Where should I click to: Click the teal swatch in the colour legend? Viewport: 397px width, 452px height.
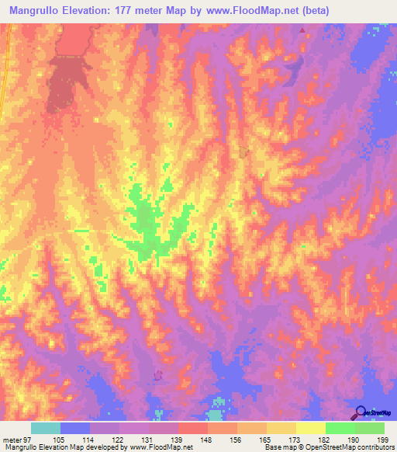(x=46, y=428)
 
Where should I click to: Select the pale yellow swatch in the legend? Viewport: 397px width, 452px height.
(x=311, y=428)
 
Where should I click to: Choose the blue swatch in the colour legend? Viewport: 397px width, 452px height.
(x=75, y=428)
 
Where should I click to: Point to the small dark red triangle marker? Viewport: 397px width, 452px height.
(x=303, y=32)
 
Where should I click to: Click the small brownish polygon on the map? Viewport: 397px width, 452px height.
(x=243, y=151)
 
